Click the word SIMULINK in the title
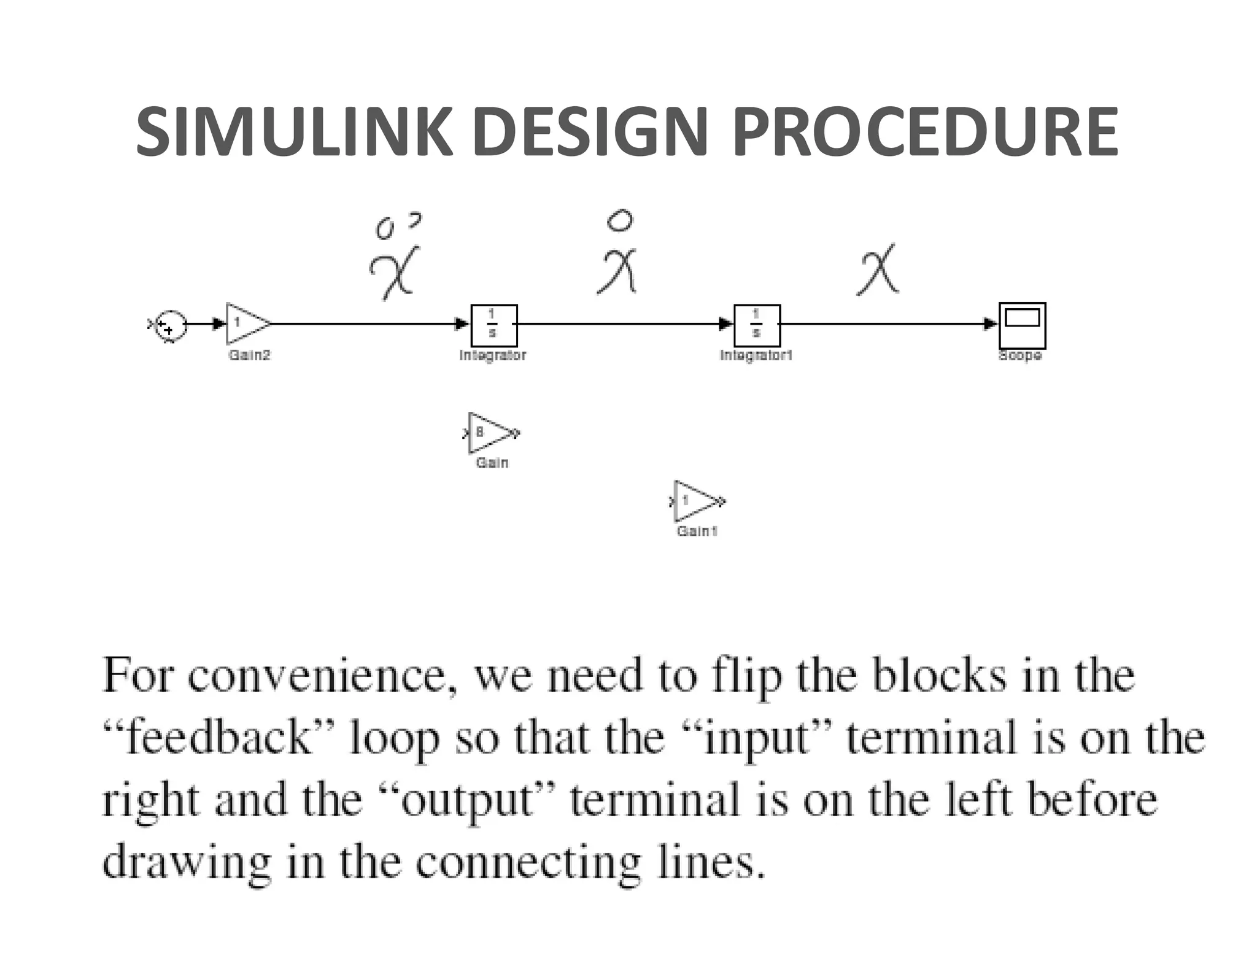pyautogui.click(x=293, y=132)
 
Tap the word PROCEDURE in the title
pyautogui.click(x=925, y=132)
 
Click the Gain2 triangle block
pyautogui.click(x=246, y=323)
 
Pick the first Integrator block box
pyautogui.click(x=494, y=325)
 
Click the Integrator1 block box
pyautogui.click(x=757, y=325)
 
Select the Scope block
pyautogui.click(x=1022, y=325)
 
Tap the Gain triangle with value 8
pyautogui.click(x=490, y=433)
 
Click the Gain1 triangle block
pyautogui.click(x=696, y=501)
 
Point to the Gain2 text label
pyautogui.click(x=249, y=355)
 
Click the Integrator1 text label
pyautogui.click(x=756, y=355)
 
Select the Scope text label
pyautogui.click(x=1020, y=355)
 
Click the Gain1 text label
pyautogui.click(x=697, y=531)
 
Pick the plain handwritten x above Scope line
pyautogui.click(x=878, y=270)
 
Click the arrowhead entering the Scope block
pyautogui.click(x=990, y=323)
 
